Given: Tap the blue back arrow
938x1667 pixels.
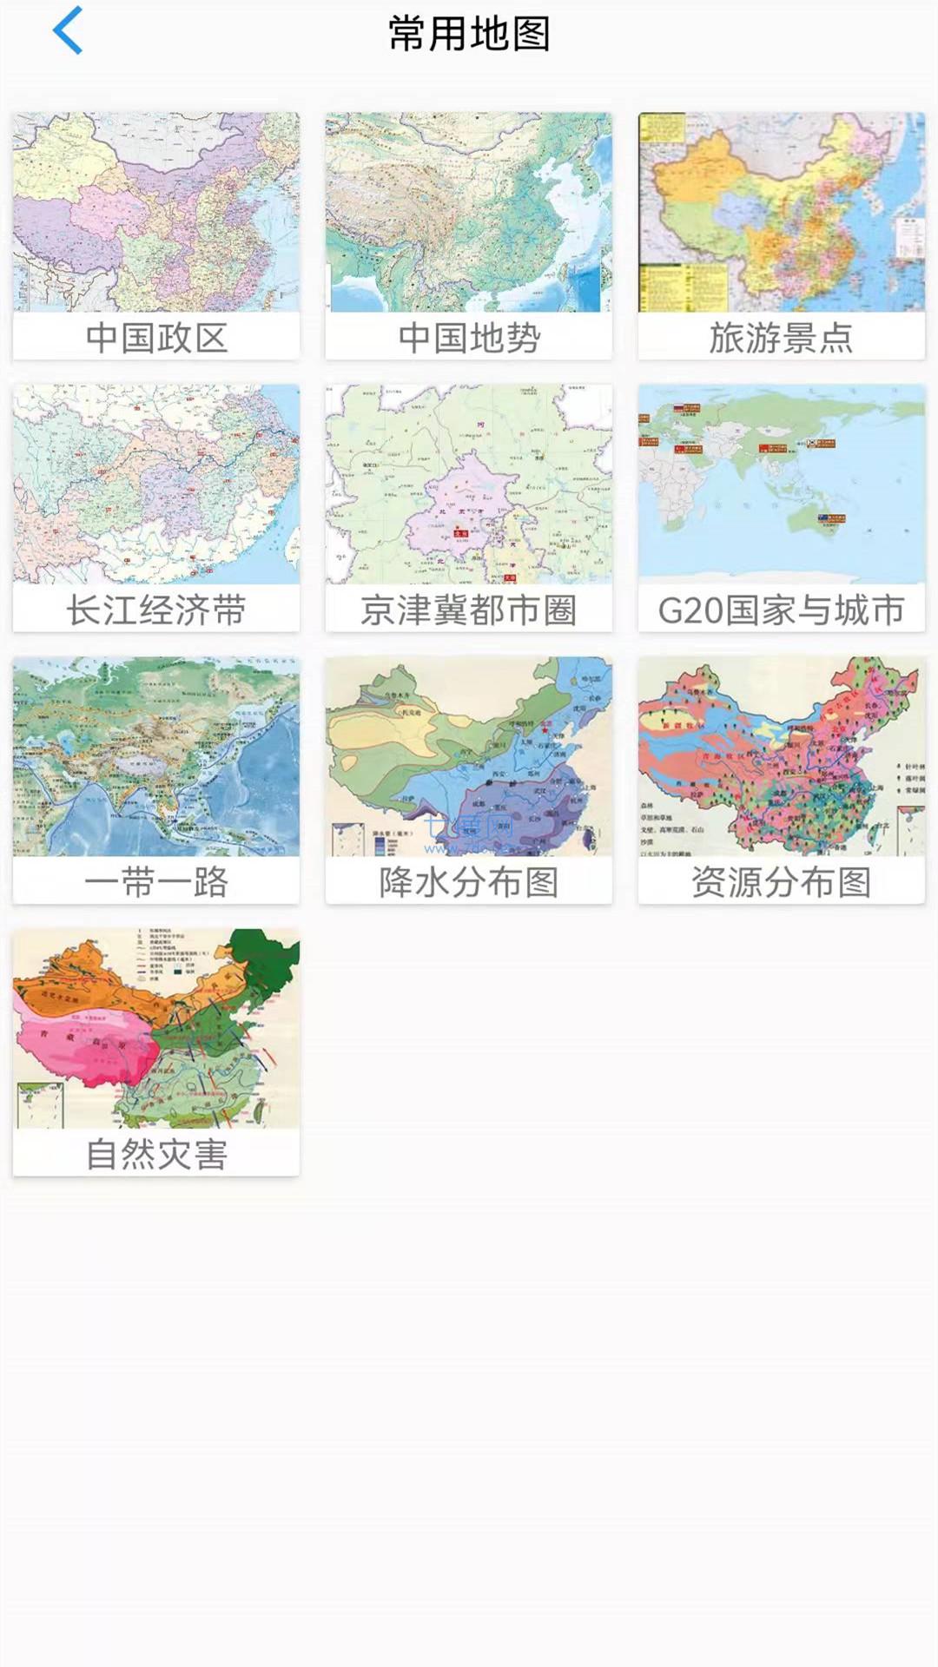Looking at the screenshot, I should (x=68, y=31).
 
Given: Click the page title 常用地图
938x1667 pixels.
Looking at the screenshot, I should (x=469, y=34).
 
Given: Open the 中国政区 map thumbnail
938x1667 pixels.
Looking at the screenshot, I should (x=156, y=212).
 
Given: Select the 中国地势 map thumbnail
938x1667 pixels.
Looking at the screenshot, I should (x=469, y=212).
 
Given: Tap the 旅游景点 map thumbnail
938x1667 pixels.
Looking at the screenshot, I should (x=782, y=212).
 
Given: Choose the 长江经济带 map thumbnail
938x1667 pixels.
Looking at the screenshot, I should (x=156, y=484).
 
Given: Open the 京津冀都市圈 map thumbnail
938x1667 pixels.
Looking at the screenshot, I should (x=469, y=484).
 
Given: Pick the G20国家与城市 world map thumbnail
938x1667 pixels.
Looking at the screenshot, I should (x=782, y=484).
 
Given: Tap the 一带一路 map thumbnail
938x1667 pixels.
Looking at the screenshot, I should (x=156, y=756).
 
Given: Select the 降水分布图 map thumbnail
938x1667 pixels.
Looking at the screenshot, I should (x=469, y=756).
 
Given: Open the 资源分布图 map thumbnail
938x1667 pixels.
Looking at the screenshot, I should (x=782, y=756).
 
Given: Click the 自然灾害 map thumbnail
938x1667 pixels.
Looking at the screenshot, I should (x=156, y=1029).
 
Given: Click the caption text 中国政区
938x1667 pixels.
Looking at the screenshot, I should (x=156, y=338).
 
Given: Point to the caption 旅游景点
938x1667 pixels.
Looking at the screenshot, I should (x=782, y=338).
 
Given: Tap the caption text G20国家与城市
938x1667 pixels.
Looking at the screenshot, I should (x=782, y=610).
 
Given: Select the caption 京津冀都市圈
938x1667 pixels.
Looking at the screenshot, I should (x=469, y=610).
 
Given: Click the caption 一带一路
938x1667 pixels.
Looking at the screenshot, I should (x=156, y=882).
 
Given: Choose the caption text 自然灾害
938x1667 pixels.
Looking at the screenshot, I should (x=156, y=1155).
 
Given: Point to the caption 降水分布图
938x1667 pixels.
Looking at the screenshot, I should (x=469, y=882).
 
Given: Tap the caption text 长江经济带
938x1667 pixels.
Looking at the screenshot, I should (x=156, y=610).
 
